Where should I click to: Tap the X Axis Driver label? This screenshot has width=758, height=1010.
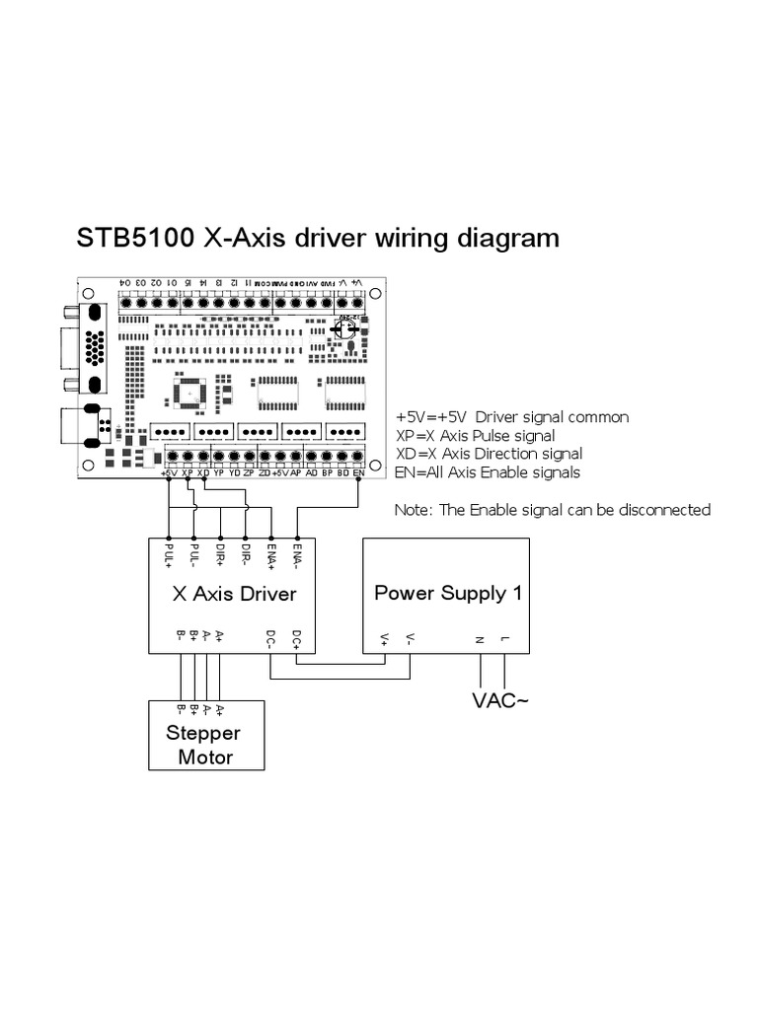234,594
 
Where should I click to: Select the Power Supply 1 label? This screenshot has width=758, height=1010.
447,593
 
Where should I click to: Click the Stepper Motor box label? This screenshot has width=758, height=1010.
205,745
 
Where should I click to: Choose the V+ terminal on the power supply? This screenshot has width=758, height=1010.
385,640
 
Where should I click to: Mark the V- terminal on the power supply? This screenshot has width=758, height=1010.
410,640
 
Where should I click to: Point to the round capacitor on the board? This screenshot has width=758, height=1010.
347,330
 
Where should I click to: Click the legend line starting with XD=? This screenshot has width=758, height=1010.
489,454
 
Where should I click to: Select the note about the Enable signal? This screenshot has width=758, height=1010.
552,510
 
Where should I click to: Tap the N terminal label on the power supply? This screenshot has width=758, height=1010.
480,640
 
